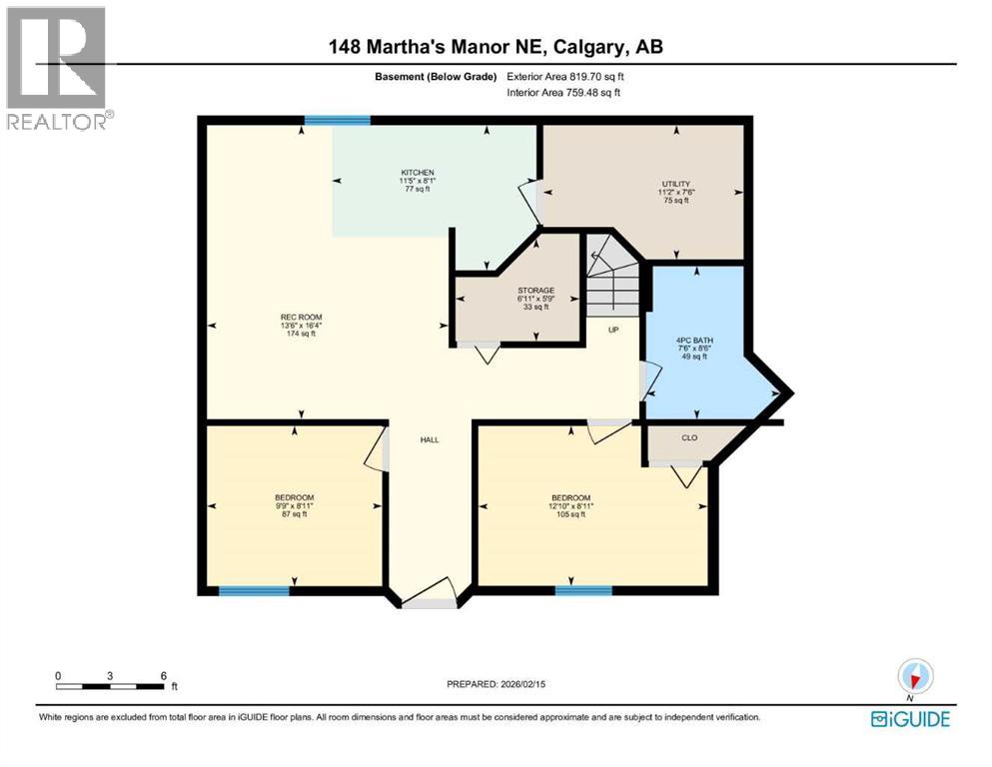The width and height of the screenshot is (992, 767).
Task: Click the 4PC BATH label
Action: point(692,354)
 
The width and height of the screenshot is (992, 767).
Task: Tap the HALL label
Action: point(430,439)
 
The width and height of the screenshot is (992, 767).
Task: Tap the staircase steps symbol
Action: point(610,285)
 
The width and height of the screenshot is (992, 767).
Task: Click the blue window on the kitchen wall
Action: point(337,121)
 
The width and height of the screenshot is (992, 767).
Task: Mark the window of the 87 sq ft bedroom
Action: point(254,591)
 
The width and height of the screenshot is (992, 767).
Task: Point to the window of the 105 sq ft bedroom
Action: point(583,591)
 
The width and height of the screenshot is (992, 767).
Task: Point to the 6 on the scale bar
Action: point(163,676)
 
